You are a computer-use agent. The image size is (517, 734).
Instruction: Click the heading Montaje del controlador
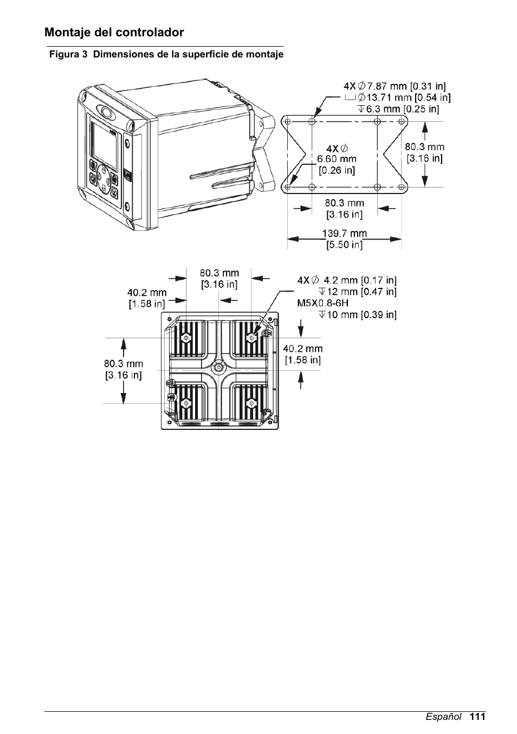114,33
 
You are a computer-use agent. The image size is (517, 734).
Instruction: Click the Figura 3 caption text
166,54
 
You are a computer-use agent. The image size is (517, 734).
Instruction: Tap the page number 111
477,717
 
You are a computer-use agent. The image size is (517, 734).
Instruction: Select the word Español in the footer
443,717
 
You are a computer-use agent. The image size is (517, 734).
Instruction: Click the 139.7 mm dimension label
345,234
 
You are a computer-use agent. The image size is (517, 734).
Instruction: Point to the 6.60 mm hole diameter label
337,159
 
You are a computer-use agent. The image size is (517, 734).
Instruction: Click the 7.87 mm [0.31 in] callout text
406,86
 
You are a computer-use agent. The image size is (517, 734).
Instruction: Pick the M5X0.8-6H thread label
323,303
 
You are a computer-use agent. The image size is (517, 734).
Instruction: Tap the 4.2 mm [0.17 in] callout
360,280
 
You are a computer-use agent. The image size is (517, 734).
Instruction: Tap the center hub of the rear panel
218,367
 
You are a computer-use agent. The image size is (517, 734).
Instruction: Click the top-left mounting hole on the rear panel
186,338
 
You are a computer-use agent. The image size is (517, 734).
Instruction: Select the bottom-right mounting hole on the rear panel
251,403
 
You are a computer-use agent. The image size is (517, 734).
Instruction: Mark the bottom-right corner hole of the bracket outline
402,187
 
